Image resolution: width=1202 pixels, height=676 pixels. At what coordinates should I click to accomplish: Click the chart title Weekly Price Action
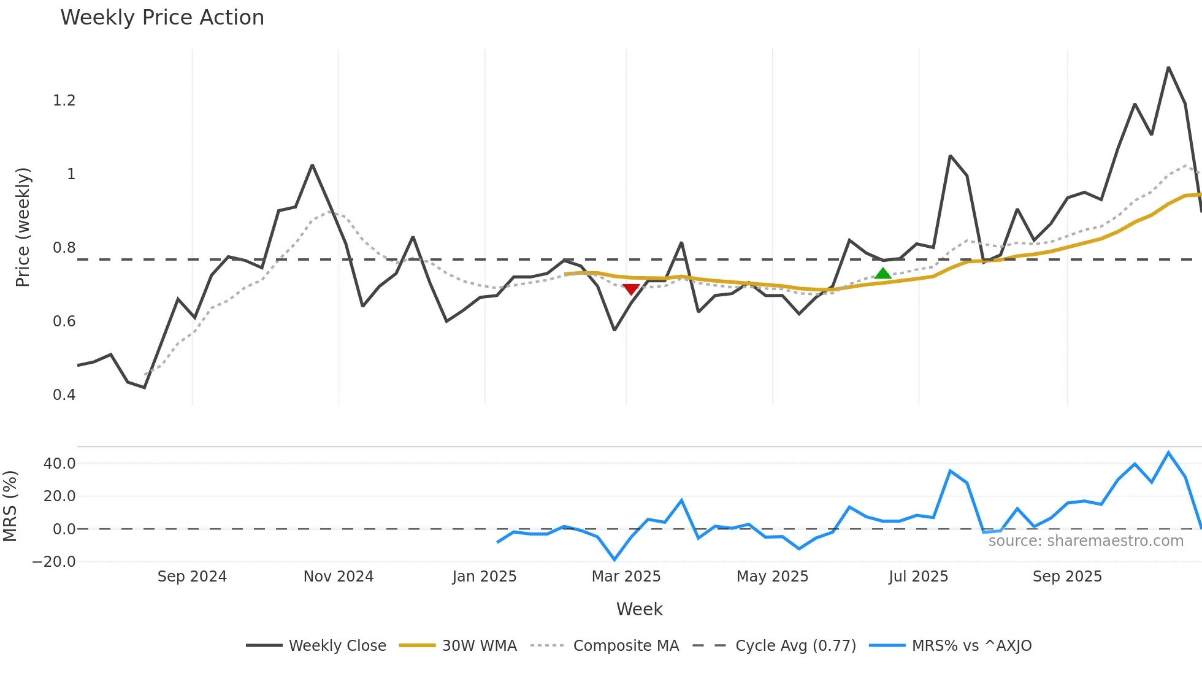tap(162, 18)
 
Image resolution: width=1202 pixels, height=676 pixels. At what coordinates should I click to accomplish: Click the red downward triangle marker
tap(630, 289)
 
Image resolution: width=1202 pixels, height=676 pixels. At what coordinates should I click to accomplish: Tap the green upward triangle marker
tap(882, 274)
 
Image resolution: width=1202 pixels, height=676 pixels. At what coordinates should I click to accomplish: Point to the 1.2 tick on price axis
tap(64, 101)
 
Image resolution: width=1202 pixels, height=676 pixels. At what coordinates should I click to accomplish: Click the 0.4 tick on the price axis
tap(64, 395)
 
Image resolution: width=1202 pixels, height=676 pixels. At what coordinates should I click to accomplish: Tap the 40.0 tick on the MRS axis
tap(59, 464)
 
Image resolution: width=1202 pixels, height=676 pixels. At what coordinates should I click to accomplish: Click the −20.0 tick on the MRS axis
tap(55, 562)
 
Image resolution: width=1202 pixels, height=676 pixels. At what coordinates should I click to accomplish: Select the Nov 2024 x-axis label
tap(339, 577)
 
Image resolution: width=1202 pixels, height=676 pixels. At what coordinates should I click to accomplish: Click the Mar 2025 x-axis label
tap(626, 577)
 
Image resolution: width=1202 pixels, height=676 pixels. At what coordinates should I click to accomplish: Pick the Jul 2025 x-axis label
tap(918, 577)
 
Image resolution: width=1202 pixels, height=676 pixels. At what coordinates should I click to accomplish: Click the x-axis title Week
tap(639, 609)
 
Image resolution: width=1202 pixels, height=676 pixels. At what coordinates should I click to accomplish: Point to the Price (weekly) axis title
tap(23, 227)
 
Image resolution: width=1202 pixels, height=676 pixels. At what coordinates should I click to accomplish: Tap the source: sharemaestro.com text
tap(1085, 541)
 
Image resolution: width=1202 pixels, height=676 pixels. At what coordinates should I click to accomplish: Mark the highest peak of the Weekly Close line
tap(1168, 67)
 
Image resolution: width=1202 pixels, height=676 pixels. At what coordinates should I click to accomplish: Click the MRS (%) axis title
tap(10, 506)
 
